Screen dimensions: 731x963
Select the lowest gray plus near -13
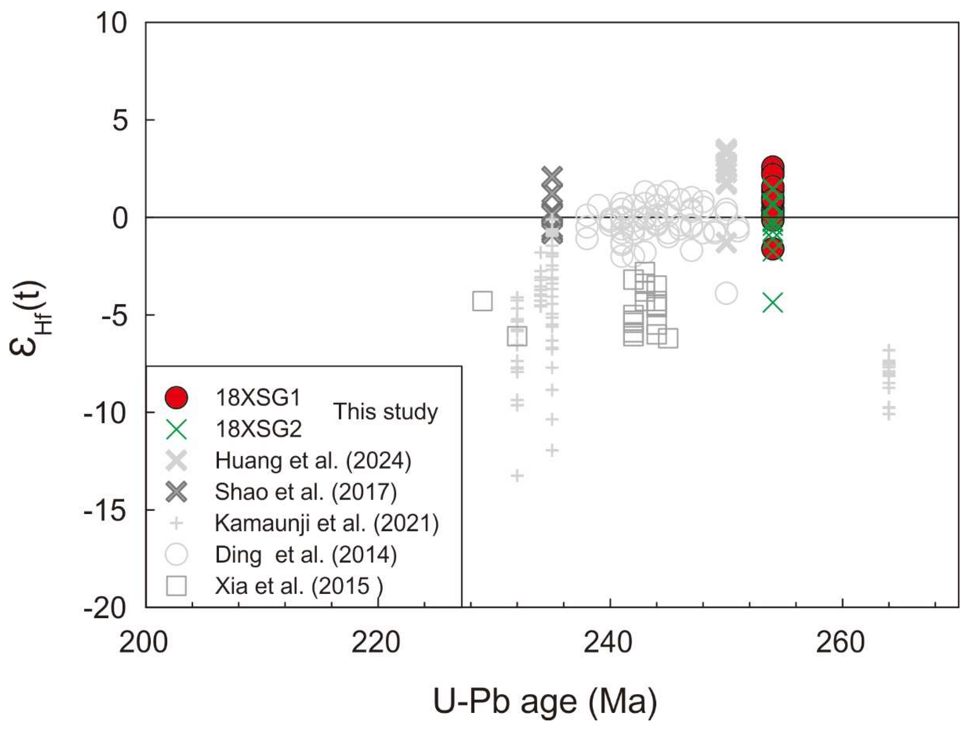click(x=517, y=475)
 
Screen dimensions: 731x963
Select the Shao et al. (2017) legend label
click(x=306, y=492)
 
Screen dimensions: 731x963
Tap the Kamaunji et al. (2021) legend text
click(x=327, y=523)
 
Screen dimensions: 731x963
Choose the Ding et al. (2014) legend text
click(x=306, y=555)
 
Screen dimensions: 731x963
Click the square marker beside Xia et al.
click(x=176, y=586)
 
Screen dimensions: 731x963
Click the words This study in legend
click(x=385, y=412)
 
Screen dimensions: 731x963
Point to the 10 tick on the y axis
click(x=111, y=23)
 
